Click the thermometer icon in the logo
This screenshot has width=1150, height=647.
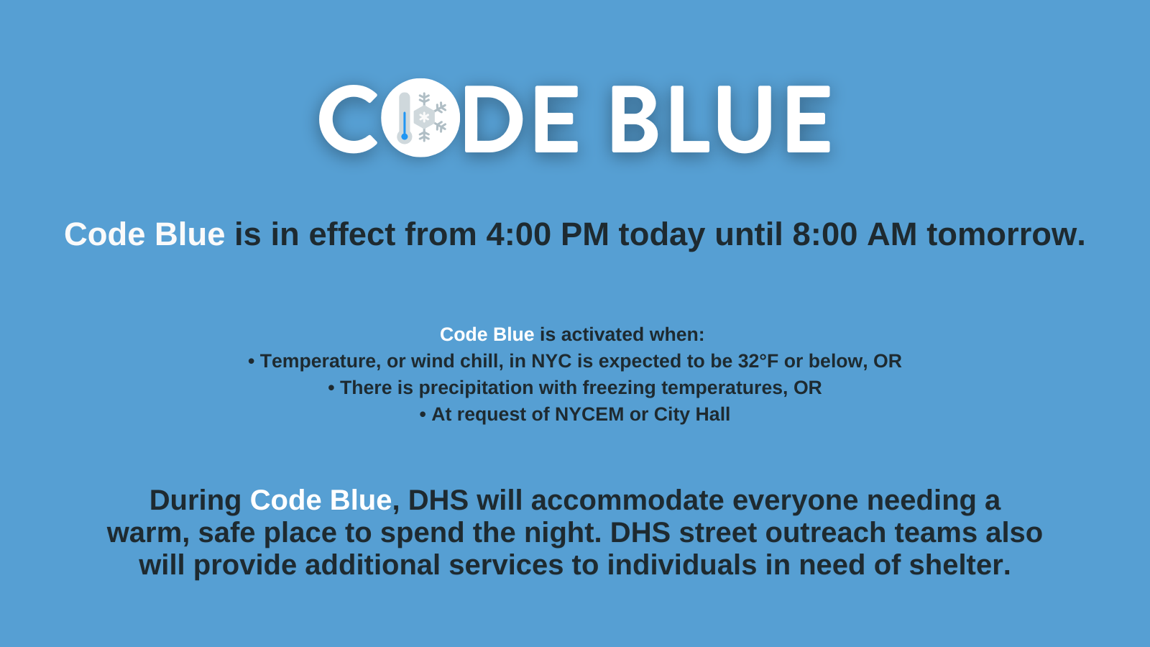[x=405, y=118]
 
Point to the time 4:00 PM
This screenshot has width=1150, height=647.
[x=547, y=234]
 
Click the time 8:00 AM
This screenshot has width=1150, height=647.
[x=855, y=234]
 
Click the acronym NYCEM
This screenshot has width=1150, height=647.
[x=589, y=414]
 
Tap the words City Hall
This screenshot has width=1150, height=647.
[x=692, y=414]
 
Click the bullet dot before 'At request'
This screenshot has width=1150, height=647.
[x=423, y=415]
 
